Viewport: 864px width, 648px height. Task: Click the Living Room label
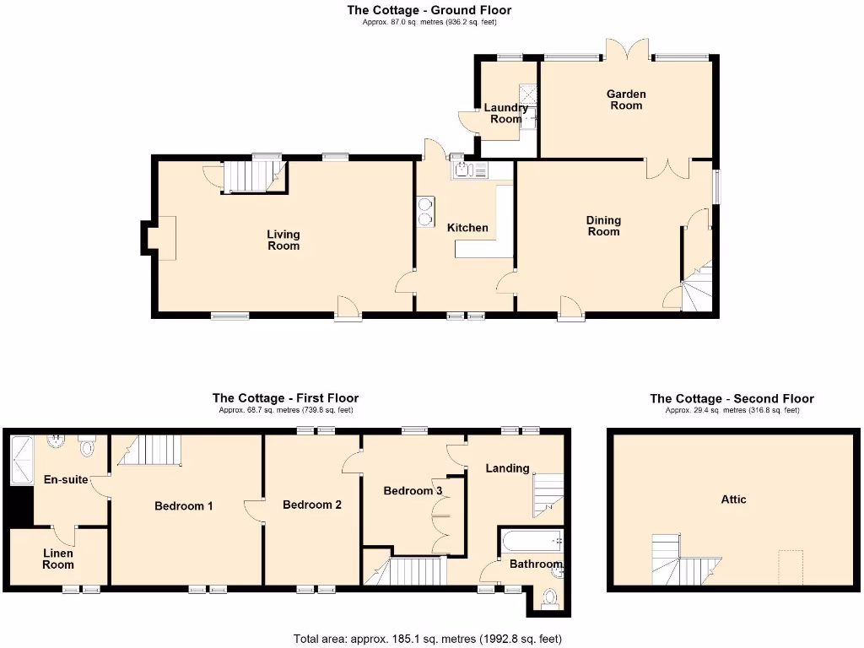tap(283, 240)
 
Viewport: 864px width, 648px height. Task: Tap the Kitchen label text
tap(467, 228)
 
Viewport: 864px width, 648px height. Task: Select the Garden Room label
tap(626, 100)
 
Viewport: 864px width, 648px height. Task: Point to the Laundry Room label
tap(505, 113)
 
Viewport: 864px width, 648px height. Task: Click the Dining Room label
tap(603, 225)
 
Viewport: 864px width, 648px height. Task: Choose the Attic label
tap(733, 499)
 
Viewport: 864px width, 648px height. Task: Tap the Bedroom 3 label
tap(413, 491)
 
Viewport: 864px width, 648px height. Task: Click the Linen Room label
tap(58, 559)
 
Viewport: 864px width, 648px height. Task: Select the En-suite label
tap(66, 479)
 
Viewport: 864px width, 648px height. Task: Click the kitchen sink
tap(469, 171)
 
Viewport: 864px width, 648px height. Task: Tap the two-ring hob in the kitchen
tap(424, 211)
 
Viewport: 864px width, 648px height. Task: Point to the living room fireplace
tap(159, 237)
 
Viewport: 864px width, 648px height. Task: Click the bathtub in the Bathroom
tap(532, 541)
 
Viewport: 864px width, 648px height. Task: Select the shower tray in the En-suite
tap(19, 460)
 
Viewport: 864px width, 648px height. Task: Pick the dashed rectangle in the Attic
tap(790, 568)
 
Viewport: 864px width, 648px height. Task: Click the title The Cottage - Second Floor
tap(732, 398)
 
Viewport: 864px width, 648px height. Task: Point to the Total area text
tap(427, 639)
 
